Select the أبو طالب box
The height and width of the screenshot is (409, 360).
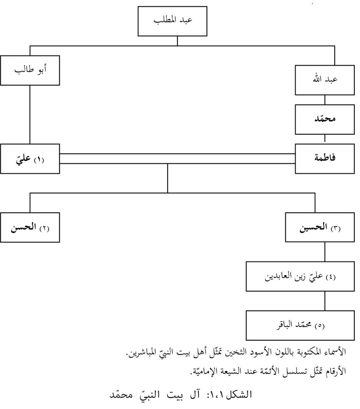(x=30, y=70)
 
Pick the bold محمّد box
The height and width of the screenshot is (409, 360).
(x=325, y=120)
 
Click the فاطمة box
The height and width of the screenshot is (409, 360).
(x=325, y=159)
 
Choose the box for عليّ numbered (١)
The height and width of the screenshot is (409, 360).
(x=30, y=159)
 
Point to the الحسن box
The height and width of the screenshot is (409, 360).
(x=30, y=226)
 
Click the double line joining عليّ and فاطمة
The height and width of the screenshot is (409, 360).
(x=177, y=158)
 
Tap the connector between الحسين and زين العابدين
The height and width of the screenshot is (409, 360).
(x=325, y=251)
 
